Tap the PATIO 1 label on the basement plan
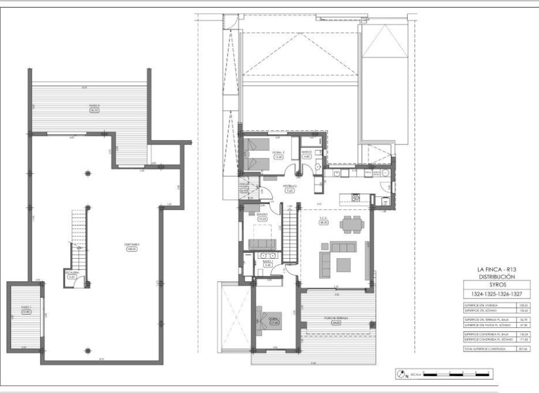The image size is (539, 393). click(25, 310)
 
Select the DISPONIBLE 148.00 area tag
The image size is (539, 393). click(132, 247)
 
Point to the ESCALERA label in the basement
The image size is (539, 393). click(71, 274)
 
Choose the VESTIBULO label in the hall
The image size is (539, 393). click(289, 188)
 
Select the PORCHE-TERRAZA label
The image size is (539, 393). click(335, 320)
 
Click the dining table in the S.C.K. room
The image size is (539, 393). click(351, 224)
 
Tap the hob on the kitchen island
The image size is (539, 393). click(356, 198)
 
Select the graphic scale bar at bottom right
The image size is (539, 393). click(455, 375)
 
